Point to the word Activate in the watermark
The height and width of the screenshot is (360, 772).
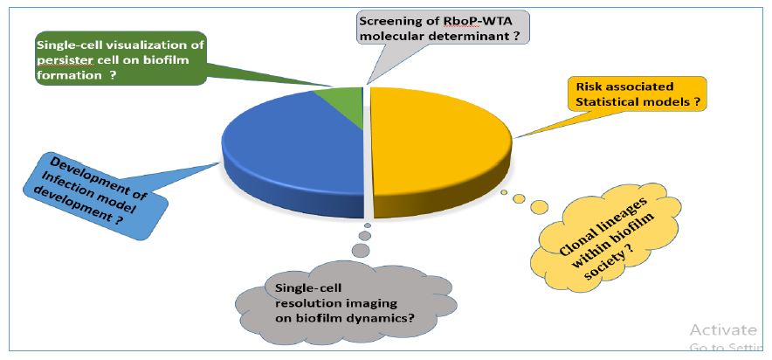pos(720,329)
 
